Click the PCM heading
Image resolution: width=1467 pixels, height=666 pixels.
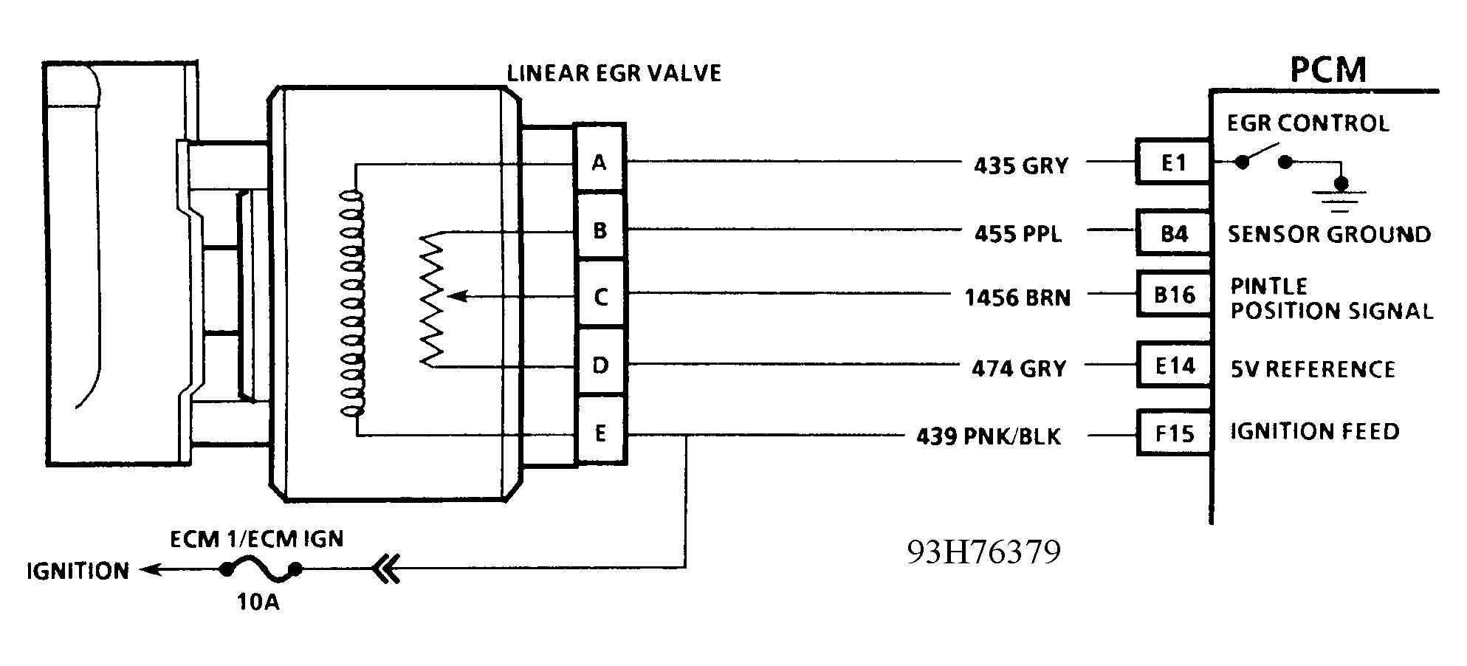(1327, 70)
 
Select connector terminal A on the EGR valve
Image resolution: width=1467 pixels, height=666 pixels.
(599, 162)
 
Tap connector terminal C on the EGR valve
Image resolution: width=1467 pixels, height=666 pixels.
(600, 297)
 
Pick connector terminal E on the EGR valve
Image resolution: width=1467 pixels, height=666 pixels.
(600, 433)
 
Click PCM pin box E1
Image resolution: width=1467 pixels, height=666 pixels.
(1173, 162)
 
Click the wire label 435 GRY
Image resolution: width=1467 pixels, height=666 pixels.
(1021, 165)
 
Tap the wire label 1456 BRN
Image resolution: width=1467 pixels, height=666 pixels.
(1017, 298)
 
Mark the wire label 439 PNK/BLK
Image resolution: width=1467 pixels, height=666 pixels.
(989, 436)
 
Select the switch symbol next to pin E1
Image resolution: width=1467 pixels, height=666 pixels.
(1263, 157)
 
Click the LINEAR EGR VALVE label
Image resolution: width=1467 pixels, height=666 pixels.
(614, 73)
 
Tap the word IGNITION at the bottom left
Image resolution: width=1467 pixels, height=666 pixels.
(78, 571)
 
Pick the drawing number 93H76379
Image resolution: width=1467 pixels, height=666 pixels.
(984, 552)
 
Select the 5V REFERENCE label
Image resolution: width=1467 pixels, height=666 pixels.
(1313, 369)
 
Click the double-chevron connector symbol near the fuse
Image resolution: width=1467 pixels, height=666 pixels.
(386, 570)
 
